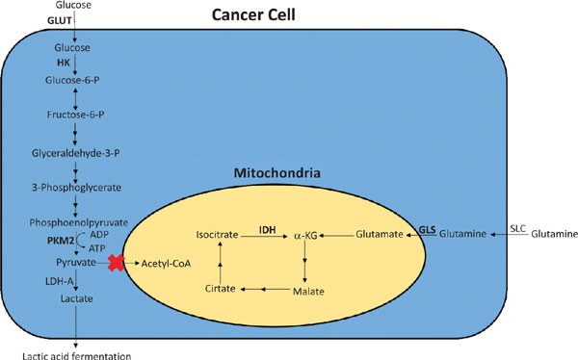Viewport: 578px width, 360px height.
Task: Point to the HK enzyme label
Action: click(73, 61)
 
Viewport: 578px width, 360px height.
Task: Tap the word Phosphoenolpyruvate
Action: click(73, 220)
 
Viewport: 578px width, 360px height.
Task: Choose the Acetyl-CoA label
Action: click(166, 262)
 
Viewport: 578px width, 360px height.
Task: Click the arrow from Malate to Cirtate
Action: click(267, 289)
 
